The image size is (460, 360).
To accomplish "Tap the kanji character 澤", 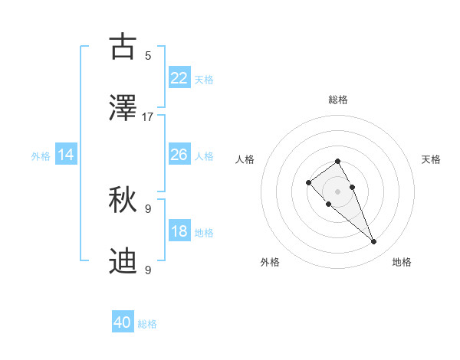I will [123, 109].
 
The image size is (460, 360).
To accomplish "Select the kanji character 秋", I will [123, 201].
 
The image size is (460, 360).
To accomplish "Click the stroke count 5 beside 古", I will [148, 55].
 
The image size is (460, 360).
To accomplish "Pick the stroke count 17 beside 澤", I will [148, 117].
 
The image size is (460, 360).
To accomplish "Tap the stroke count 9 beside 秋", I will [148, 208].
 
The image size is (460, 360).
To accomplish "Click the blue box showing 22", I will [179, 77].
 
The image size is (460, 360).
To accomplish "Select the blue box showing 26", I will [179, 155].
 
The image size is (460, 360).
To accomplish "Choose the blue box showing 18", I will [179, 231].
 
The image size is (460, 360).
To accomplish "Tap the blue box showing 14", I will [66, 155].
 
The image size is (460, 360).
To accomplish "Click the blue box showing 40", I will [123, 322].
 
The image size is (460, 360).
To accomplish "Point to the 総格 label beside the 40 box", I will [147, 324].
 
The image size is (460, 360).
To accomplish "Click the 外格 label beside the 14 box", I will [41, 156].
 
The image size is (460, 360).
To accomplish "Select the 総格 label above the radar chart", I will [338, 100].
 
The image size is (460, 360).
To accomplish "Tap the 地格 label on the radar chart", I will [402, 262].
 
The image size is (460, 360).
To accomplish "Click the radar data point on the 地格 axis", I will [374, 242].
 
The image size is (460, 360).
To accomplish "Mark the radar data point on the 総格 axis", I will [337, 161].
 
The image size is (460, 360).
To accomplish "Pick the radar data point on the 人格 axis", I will [308, 182].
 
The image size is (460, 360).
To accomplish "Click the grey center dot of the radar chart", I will [337, 191].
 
